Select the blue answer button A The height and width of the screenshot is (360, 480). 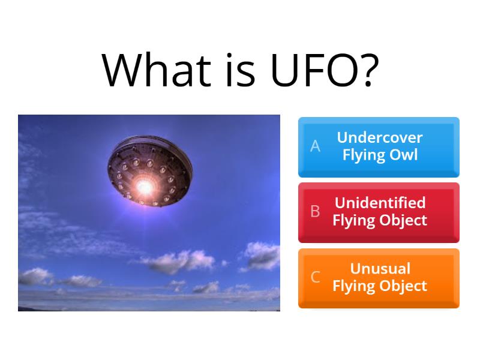(379, 147)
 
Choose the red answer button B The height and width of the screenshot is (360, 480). (379, 212)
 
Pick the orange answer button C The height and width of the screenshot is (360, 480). (379, 278)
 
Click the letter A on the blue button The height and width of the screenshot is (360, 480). (315, 146)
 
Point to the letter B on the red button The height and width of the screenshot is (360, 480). (315, 212)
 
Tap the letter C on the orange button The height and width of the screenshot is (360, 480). (315, 277)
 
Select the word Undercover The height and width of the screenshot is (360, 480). (380, 138)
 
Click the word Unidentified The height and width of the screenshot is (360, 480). (380, 203)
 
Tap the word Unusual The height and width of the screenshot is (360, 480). (380, 268)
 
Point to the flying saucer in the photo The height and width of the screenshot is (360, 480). (150, 171)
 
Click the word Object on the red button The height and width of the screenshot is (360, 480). (403, 221)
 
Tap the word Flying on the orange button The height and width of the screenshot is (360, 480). (354, 286)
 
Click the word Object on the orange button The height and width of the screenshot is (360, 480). (403, 286)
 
